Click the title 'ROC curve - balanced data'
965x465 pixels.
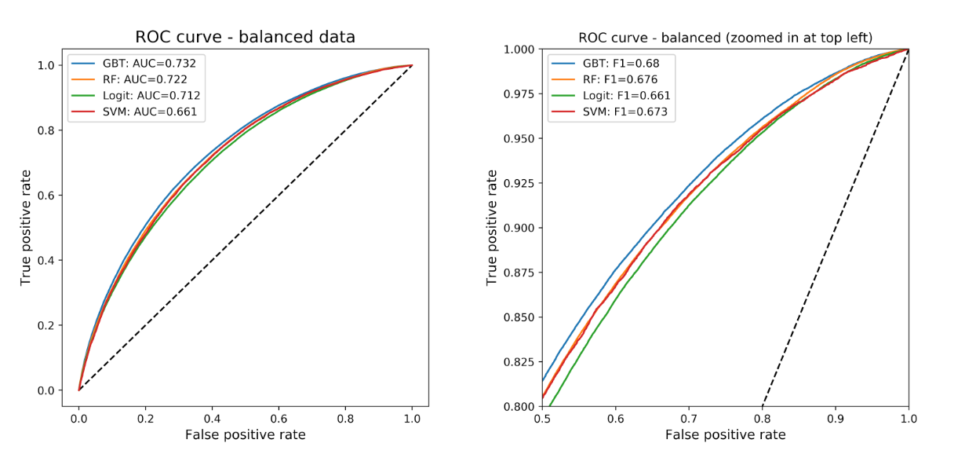click(245, 37)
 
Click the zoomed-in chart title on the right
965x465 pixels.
click(725, 38)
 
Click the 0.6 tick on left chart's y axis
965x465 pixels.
click(47, 196)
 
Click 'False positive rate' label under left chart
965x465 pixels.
click(245, 434)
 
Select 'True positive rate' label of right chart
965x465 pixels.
click(492, 227)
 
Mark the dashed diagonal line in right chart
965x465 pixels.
click(835, 228)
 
